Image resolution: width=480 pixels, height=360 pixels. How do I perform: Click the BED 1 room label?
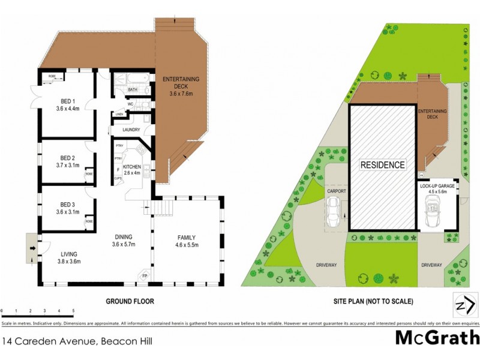[68, 101]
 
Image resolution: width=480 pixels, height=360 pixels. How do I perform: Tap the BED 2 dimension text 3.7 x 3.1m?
[68, 165]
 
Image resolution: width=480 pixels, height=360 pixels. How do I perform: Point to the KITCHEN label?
[131, 166]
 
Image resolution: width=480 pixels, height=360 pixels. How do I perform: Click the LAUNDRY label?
[131, 130]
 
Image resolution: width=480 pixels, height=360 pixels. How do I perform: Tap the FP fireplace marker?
[144, 276]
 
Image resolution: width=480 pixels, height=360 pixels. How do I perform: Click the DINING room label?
[122, 236]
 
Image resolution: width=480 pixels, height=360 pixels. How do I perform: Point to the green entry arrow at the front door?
[30, 245]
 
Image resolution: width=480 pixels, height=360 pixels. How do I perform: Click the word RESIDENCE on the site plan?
[383, 164]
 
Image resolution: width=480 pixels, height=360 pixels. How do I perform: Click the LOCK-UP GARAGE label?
[437, 187]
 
